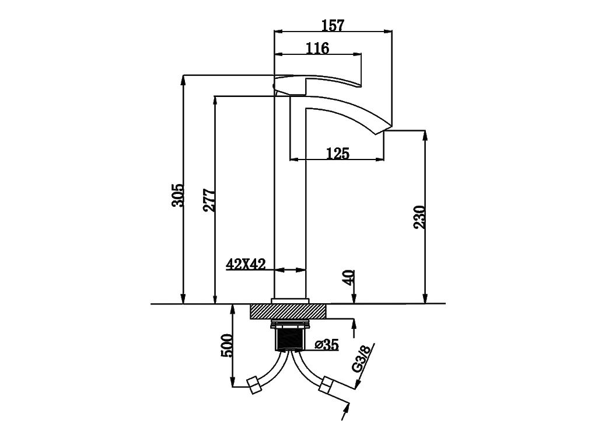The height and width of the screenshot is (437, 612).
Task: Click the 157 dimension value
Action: point(333,25)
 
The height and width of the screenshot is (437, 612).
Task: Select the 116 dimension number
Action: point(317,48)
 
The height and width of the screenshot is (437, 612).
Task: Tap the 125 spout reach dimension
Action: point(338,154)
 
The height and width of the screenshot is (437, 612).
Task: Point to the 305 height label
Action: point(177,195)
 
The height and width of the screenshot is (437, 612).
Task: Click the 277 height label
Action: point(209,200)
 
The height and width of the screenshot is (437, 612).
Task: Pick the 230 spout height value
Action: point(419,217)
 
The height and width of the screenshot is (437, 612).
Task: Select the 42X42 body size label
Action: point(246,265)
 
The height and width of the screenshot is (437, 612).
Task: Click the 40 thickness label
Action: point(349,277)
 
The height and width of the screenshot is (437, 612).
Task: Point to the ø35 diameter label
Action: point(327,345)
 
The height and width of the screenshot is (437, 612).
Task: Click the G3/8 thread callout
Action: point(361,359)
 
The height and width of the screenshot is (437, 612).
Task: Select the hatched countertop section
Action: point(288,311)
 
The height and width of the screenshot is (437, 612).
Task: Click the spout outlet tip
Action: point(383,130)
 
